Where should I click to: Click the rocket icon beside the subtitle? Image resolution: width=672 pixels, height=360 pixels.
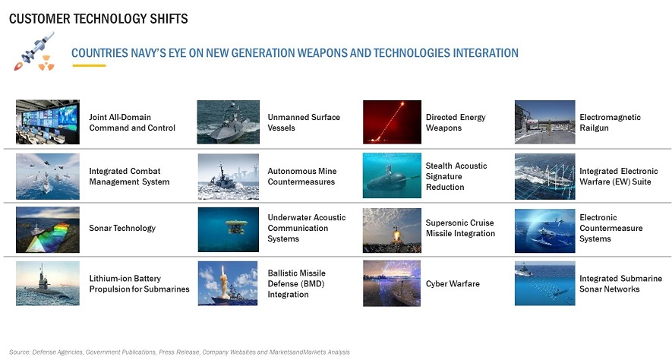point(34,51)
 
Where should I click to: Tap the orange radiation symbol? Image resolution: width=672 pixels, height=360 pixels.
point(46,62)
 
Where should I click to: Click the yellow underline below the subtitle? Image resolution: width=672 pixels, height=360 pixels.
point(89,65)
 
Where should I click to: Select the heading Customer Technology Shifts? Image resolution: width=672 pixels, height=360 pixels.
point(99,19)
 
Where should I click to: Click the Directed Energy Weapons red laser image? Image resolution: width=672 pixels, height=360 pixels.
point(392,122)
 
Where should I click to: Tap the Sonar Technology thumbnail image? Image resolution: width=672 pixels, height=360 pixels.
point(48,229)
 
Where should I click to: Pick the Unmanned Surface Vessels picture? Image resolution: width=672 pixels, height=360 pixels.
point(229,122)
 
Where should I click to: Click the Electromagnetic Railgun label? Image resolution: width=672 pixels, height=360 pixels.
point(610,122)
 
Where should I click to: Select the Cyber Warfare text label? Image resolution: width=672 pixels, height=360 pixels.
point(453,284)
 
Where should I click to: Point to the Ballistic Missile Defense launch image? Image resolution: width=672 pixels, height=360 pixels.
point(228,283)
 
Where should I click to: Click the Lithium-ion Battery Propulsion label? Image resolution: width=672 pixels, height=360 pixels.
point(139,284)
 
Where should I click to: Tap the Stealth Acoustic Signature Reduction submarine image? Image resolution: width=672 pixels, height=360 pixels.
point(392,175)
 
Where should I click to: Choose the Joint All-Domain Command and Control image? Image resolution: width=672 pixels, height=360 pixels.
point(48,122)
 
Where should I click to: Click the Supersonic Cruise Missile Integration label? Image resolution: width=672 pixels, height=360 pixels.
point(460,228)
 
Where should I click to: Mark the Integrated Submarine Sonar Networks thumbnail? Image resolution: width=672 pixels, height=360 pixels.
point(544,284)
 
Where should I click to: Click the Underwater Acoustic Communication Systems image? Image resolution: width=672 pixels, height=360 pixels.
point(229,229)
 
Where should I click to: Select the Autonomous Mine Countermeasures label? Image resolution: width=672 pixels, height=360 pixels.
point(302,176)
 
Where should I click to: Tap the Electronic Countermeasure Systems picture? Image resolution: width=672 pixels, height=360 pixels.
point(544,231)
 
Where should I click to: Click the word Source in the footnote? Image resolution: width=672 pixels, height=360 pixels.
point(19,352)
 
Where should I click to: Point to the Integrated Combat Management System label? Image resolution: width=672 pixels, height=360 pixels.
point(129,176)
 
